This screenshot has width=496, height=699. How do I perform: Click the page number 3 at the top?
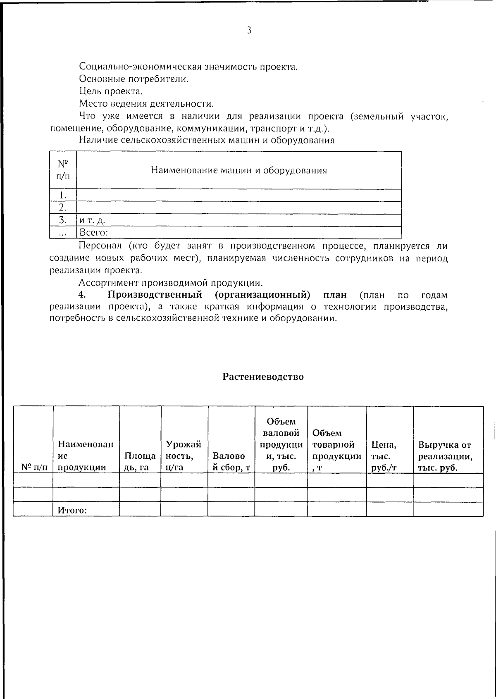point(249,30)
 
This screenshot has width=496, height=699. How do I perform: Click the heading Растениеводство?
point(263,377)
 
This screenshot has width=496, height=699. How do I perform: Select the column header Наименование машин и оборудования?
point(238,170)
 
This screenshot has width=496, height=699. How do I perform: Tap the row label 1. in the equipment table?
point(62,195)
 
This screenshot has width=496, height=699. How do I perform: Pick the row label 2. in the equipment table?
point(62,208)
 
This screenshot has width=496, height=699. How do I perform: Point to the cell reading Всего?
point(93,233)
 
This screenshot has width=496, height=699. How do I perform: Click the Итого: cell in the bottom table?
point(72,511)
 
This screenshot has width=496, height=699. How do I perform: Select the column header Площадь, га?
point(140,461)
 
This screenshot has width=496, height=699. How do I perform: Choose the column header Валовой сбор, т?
point(231,461)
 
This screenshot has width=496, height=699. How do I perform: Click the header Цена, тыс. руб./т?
point(384,456)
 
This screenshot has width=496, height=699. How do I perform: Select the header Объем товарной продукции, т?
point(336,450)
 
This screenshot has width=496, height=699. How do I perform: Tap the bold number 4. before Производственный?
point(82,295)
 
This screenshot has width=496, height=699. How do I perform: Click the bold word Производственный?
point(155,295)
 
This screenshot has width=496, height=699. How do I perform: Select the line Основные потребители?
point(134,79)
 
